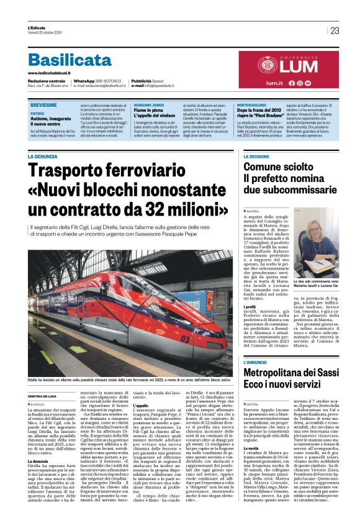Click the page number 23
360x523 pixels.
335,30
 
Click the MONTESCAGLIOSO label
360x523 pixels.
255,106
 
